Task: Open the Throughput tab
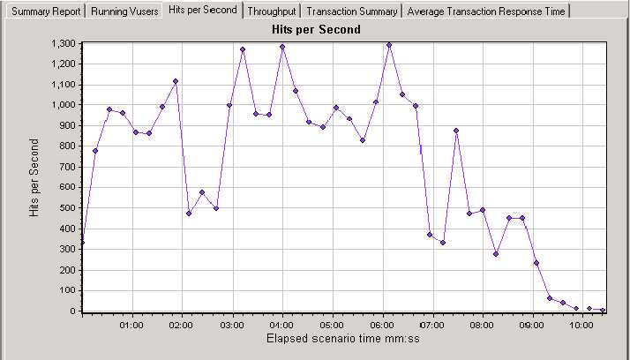(272, 11)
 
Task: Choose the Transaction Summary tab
(351, 11)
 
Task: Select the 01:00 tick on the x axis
(131, 324)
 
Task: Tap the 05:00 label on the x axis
(332, 324)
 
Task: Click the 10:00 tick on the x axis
(581, 324)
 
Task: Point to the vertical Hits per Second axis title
(35, 176)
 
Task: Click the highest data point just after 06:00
(389, 45)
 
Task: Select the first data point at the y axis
(82, 242)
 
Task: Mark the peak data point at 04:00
(282, 47)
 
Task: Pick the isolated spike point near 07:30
(456, 131)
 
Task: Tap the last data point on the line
(603, 310)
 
